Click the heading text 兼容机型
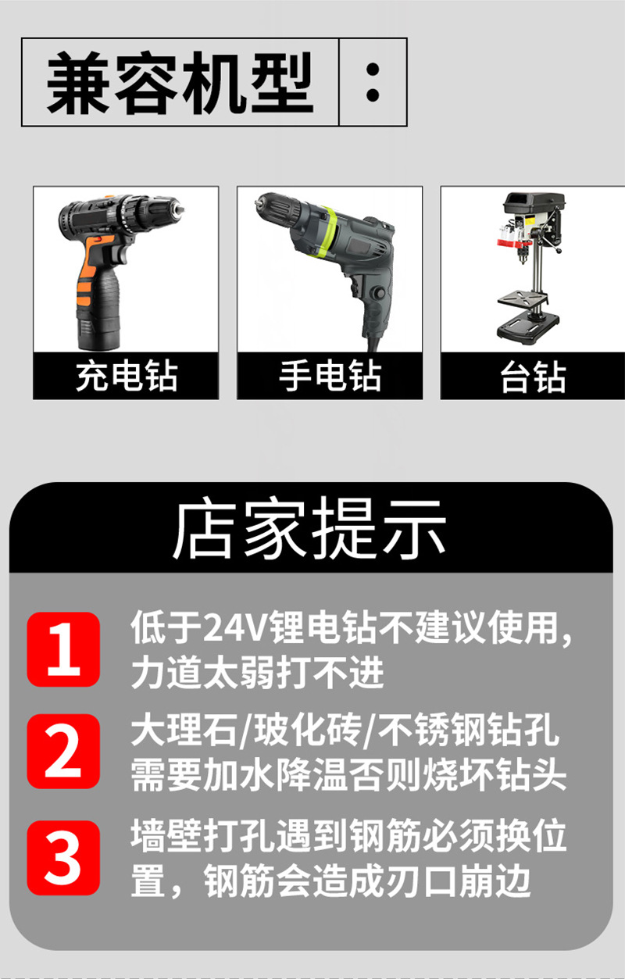click(x=180, y=83)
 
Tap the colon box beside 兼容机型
click(x=373, y=83)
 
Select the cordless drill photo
click(x=125, y=270)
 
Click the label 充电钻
click(x=126, y=376)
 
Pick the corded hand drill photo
click(x=329, y=270)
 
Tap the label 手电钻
click(x=330, y=376)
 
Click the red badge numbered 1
click(x=63, y=649)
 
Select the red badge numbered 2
click(x=63, y=751)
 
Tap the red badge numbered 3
click(x=63, y=857)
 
